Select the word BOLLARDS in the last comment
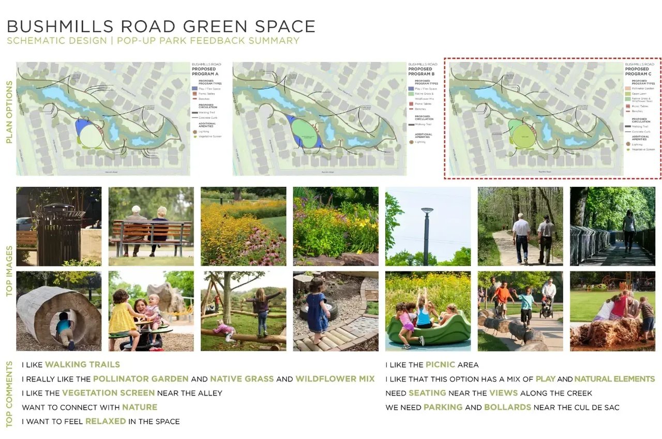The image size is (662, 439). pos(507,407)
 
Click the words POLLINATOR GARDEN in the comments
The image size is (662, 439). pos(141,379)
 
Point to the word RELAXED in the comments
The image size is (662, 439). pos(106,421)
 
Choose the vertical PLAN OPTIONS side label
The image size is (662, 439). pos(9,119)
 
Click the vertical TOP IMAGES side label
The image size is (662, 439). pos(9,269)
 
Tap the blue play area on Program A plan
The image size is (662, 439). pos(80,126)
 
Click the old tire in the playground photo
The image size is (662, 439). pos(325,310)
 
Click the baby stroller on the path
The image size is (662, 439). pos(546,308)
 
